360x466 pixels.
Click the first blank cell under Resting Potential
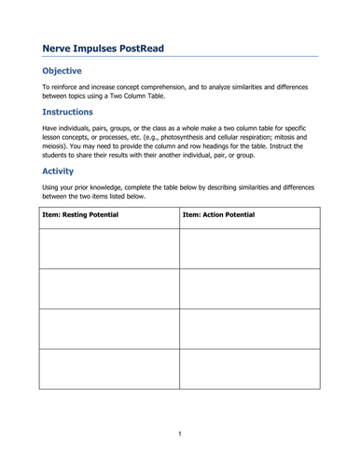click(108, 248)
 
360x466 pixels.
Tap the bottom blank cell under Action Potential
click(249, 368)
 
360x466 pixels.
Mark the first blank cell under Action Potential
click(249, 248)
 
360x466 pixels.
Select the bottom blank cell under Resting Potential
click(108, 368)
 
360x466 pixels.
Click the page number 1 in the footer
click(180, 433)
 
